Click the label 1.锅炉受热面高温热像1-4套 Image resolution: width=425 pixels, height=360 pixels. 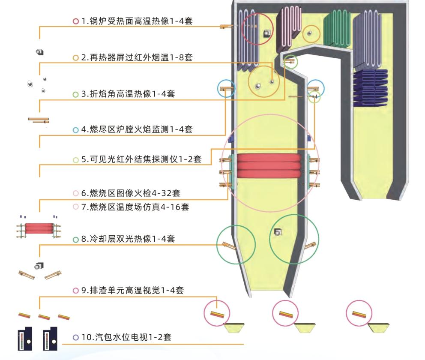(137, 21)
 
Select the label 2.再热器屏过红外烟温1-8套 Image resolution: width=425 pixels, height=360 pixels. (137, 57)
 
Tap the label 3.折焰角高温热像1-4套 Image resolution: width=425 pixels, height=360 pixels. (128, 94)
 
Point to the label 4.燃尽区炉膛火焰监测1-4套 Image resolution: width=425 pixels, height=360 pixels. (137, 129)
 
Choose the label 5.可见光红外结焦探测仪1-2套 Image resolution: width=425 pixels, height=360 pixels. (141, 159)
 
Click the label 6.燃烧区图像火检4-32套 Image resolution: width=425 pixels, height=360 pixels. (131, 193)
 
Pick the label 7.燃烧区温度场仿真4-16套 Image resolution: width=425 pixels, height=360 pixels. (135, 207)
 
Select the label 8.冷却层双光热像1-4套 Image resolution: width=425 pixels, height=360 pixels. (128, 239)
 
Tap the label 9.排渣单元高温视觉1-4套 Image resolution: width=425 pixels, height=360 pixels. (132, 290)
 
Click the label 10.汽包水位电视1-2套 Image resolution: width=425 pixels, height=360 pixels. (126, 337)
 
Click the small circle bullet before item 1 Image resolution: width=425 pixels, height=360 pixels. (76, 21)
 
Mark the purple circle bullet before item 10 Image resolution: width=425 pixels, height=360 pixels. (76, 338)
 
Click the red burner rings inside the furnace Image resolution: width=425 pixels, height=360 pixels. (269, 166)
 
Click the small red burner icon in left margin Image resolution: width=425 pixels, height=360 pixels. (39, 228)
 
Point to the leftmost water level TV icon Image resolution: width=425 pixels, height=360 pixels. (25, 339)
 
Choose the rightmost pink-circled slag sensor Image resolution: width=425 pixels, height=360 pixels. (359, 315)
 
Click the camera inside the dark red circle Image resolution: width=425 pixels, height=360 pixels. (267, 33)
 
